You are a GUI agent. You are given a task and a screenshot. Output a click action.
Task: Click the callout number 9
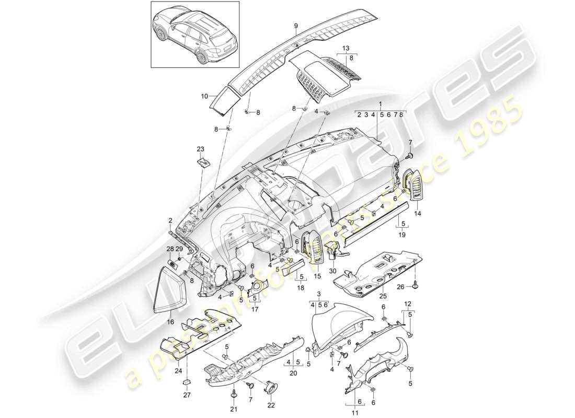[x=295, y=25]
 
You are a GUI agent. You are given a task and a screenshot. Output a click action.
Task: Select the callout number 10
[x=204, y=96]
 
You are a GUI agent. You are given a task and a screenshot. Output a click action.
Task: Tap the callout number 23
[x=200, y=149]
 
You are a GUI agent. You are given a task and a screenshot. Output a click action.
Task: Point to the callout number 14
[x=417, y=214]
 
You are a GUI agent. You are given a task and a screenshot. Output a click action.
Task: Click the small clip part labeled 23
[x=203, y=162]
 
